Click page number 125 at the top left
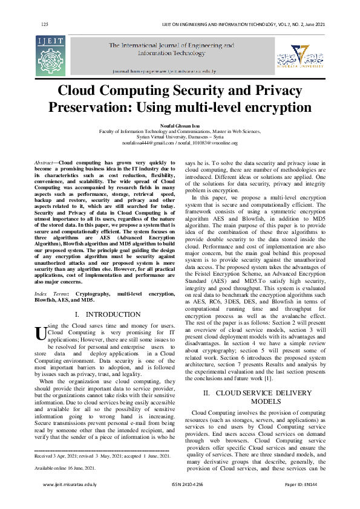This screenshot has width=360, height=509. (44, 24)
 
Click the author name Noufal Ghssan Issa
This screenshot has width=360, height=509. (180, 126)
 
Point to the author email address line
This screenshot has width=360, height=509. (180, 143)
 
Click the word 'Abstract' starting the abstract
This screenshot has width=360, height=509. (43, 163)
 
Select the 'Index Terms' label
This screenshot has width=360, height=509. (50, 293)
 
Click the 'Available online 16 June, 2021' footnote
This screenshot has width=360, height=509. (65, 468)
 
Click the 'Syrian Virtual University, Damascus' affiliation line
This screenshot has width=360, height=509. (180, 137)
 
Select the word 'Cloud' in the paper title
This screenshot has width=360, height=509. (83, 91)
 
